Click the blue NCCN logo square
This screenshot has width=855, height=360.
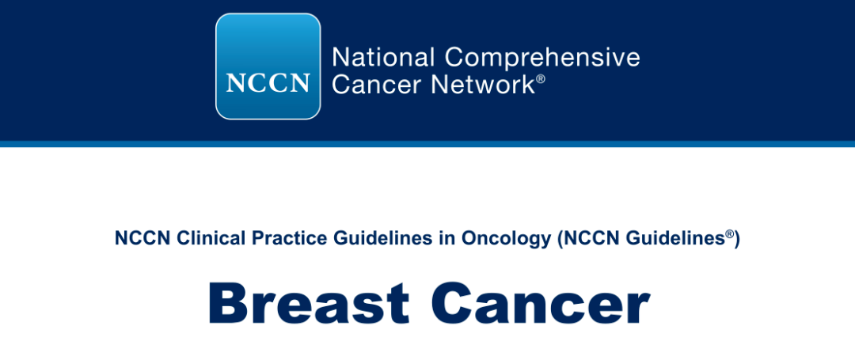click(268, 66)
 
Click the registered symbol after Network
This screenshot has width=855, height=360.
click(541, 79)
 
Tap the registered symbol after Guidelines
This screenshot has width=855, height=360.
click(729, 234)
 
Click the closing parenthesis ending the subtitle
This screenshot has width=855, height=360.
click(737, 241)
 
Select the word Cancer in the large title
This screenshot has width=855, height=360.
click(540, 303)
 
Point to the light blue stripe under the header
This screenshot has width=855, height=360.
click(427, 144)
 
